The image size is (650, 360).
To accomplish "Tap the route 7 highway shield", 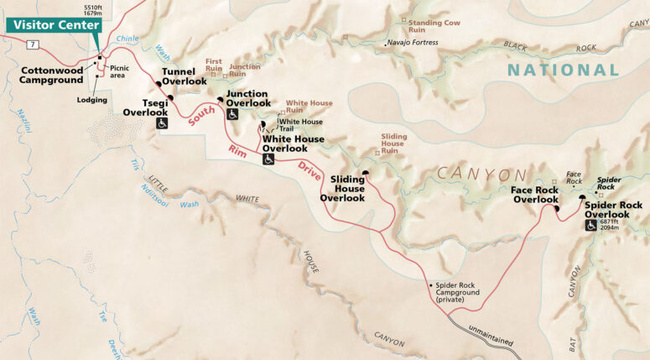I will pyautogui.click(x=31, y=43).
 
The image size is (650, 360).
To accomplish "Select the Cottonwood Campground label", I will pyautogui.click(x=51, y=75).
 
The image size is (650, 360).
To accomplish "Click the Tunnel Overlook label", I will pyautogui.click(x=184, y=76).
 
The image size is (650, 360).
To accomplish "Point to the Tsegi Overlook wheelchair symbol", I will pyautogui.click(x=163, y=123).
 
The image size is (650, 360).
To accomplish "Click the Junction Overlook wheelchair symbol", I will pyautogui.click(x=232, y=114).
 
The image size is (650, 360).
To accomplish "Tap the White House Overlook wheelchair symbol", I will pyautogui.click(x=268, y=159).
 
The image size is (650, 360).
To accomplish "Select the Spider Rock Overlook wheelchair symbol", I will pyautogui.click(x=590, y=226).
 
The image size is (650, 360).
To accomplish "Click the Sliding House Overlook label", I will pyautogui.click(x=343, y=188).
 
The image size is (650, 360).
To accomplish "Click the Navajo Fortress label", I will pyautogui.click(x=413, y=43).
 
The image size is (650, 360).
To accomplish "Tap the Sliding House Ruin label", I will pyautogui.click(x=393, y=143).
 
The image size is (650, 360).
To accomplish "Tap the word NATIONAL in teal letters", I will pyautogui.click(x=562, y=70).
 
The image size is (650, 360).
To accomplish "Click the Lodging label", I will pyautogui.click(x=91, y=100).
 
